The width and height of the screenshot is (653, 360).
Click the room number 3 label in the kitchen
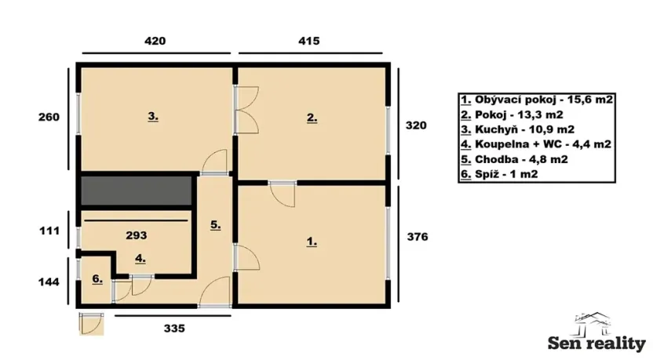pyautogui.click(x=153, y=117)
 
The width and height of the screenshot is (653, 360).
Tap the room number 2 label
pyautogui.click(x=312, y=118)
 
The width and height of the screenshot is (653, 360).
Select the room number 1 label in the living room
pyautogui.click(x=312, y=242)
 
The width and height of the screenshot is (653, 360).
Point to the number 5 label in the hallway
pyautogui.click(x=215, y=224)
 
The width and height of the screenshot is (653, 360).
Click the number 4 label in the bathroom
pyautogui.click(x=139, y=257)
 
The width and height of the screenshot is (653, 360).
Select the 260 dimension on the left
pyautogui.click(x=49, y=118)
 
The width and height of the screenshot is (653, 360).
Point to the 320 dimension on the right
pyautogui.click(x=416, y=124)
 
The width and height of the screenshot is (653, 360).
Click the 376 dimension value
pyautogui.click(x=416, y=236)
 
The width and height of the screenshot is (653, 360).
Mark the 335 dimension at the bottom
pyautogui.click(x=173, y=329)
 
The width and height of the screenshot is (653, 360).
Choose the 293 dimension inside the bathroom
pyautogui.click(x=137, y=234)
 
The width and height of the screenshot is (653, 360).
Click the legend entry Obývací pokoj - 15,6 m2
pyautogui.click(x=536, y=100)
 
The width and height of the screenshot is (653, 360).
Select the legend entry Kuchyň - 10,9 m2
pyautogui.click(x=517, y=129)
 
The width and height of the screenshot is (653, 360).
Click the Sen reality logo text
pyautogui.click(x=596, y=344)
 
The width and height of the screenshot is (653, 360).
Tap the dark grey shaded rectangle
pyautogui.click(x=137, y=191)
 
